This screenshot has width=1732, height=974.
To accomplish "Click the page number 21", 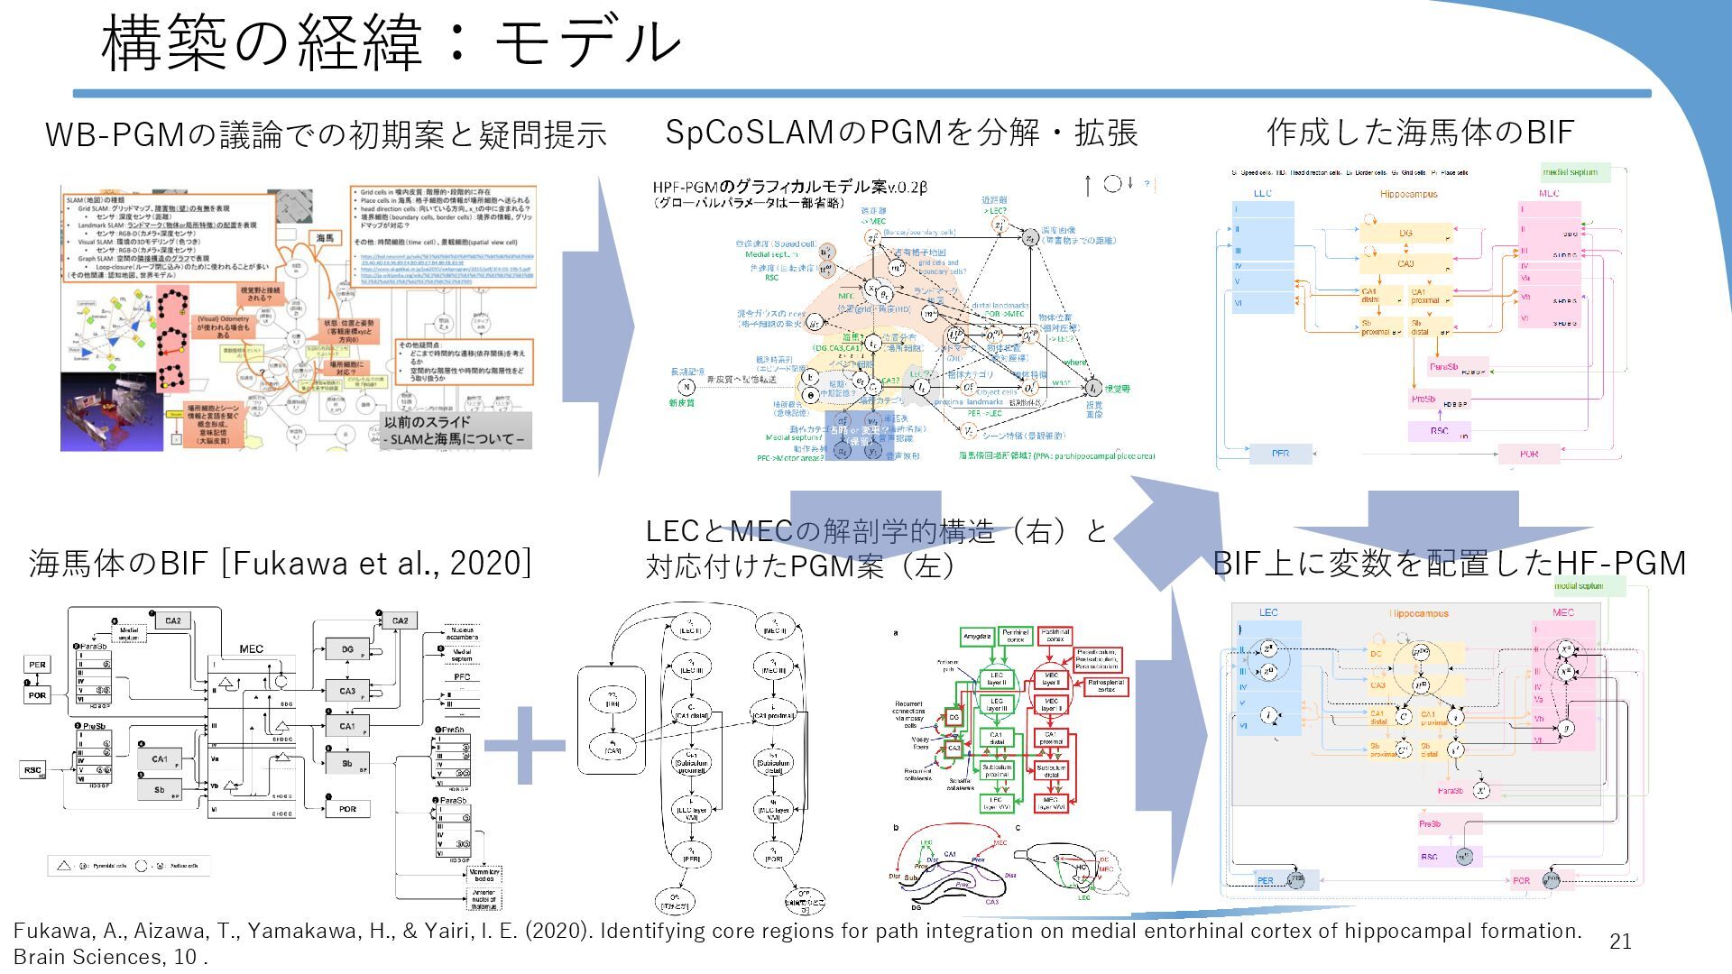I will point(1620,942).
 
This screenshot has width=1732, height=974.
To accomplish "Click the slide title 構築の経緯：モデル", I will point(391,43).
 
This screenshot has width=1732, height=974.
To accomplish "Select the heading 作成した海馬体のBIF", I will point(1420,133).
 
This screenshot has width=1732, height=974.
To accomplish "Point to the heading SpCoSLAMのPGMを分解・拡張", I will point(900,133).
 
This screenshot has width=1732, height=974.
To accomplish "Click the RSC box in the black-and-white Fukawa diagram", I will point(33,770).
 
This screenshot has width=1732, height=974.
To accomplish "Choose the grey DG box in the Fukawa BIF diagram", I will point(347,648).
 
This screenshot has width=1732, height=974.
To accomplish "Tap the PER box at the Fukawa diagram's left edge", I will point(37,665).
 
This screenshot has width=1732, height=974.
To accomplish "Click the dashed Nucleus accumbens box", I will point(462,632).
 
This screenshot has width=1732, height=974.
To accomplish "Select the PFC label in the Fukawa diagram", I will point(462,676).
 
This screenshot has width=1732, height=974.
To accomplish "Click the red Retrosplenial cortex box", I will point(1106,686).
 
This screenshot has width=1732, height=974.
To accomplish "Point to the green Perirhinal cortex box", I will point(1016,637).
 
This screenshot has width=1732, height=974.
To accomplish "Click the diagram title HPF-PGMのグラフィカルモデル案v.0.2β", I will point(789,188).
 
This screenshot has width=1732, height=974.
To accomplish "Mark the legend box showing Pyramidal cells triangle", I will point(129,866).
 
